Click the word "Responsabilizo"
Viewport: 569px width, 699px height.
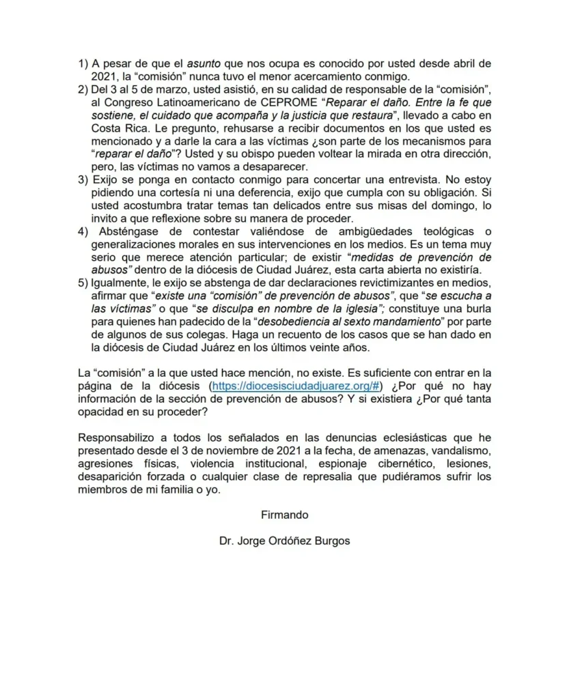120,437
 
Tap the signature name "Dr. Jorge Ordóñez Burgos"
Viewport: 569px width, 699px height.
284,541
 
